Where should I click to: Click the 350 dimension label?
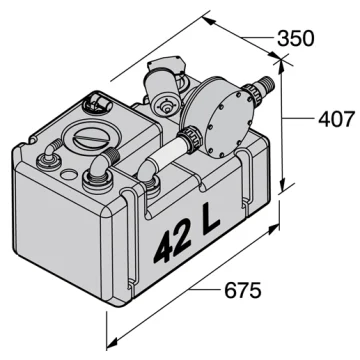296,38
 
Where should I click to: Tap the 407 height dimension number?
337,119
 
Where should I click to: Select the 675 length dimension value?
243,291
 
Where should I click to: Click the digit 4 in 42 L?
167,248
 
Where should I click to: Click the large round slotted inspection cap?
90,137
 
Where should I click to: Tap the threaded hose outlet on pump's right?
264,86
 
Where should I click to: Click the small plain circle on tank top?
69,174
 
